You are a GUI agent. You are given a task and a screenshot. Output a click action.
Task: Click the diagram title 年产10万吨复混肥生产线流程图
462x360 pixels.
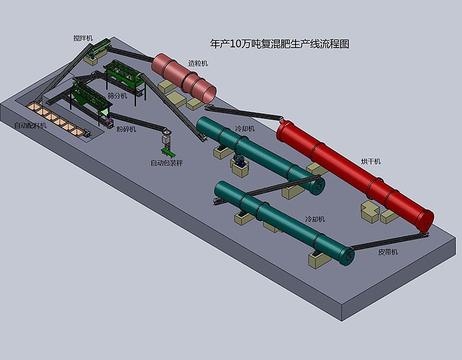click(280, 44)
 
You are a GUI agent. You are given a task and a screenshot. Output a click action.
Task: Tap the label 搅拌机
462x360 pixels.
click(83, 38)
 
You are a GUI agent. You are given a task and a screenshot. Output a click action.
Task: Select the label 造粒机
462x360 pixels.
click(198, 63)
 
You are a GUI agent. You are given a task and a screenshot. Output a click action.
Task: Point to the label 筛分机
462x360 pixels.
click(117, 96)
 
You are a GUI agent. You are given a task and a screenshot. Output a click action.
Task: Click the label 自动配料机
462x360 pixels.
click(30, 126)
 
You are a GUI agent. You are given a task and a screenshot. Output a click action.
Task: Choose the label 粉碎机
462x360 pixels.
click(126, 129)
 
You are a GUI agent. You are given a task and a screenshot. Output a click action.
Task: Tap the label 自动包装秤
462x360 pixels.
click(167, 162)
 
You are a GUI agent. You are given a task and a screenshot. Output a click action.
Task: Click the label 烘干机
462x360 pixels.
click(371, 161)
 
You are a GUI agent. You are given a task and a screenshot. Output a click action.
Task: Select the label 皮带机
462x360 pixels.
click(388, 252)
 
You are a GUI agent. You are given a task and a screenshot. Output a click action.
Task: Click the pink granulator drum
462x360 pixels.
click(183, 78)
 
